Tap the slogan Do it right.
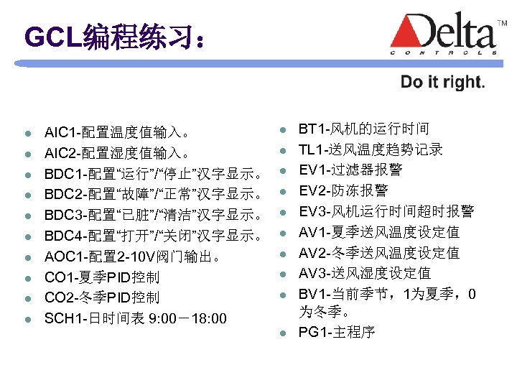[442, 82]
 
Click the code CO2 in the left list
[60, 297]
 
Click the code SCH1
[62, 318]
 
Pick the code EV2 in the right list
[313, 190]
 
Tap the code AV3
[313, 272]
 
